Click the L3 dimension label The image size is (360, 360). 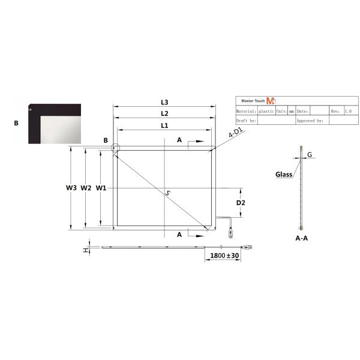click(164, 102)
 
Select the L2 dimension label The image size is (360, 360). click(164, 113)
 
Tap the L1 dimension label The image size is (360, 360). click(164, 125)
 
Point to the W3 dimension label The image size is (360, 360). click(71, 188)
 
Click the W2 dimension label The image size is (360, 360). click(86, 188)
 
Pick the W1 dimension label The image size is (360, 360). click(101, 188)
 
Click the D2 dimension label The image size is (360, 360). click(240, 203)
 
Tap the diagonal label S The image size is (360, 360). click(169, 192)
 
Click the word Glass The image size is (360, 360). click(284, 175)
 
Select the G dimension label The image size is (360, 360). click(310, 155)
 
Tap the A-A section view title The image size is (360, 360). click(302, 238)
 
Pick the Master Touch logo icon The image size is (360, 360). click(270, 101)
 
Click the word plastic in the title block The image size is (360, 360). click(267, 111)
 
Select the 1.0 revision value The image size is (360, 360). click(349, 111)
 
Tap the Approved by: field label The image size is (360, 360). click(310, 121)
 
